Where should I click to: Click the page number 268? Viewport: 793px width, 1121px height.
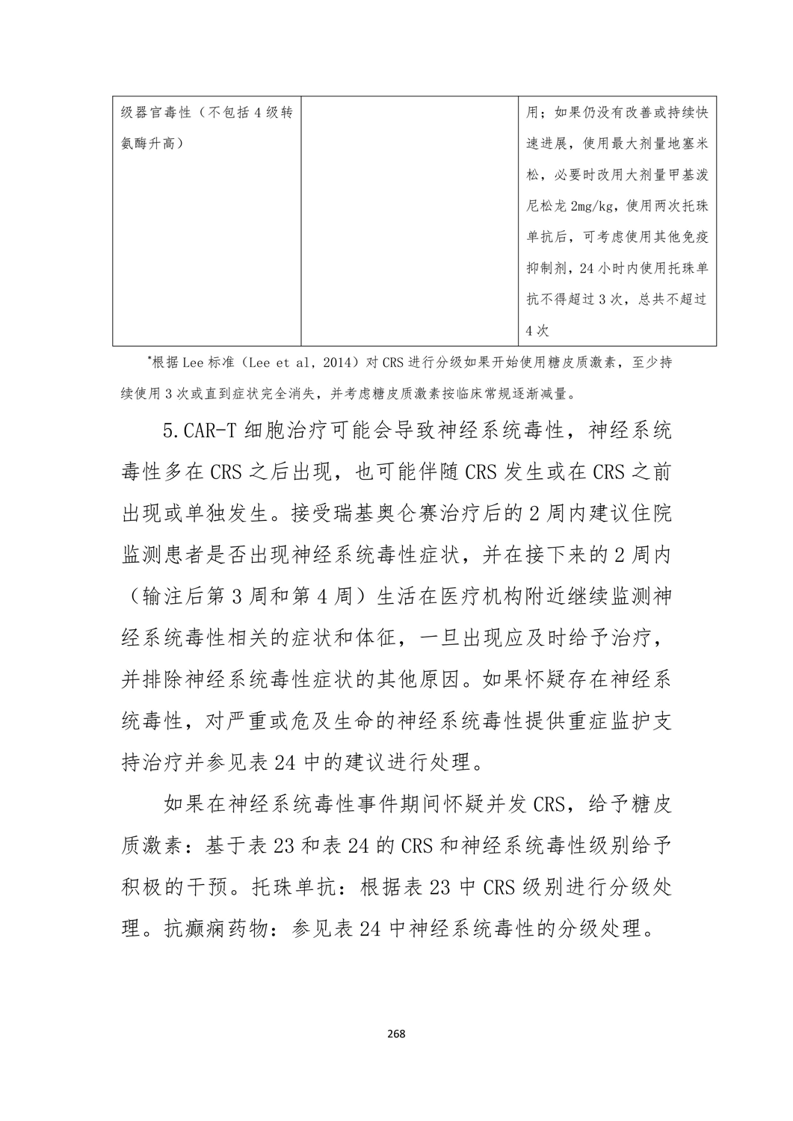(396, 1034)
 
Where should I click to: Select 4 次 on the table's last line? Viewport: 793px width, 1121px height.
(537, 330)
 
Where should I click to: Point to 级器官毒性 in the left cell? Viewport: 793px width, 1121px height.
(155, 112)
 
